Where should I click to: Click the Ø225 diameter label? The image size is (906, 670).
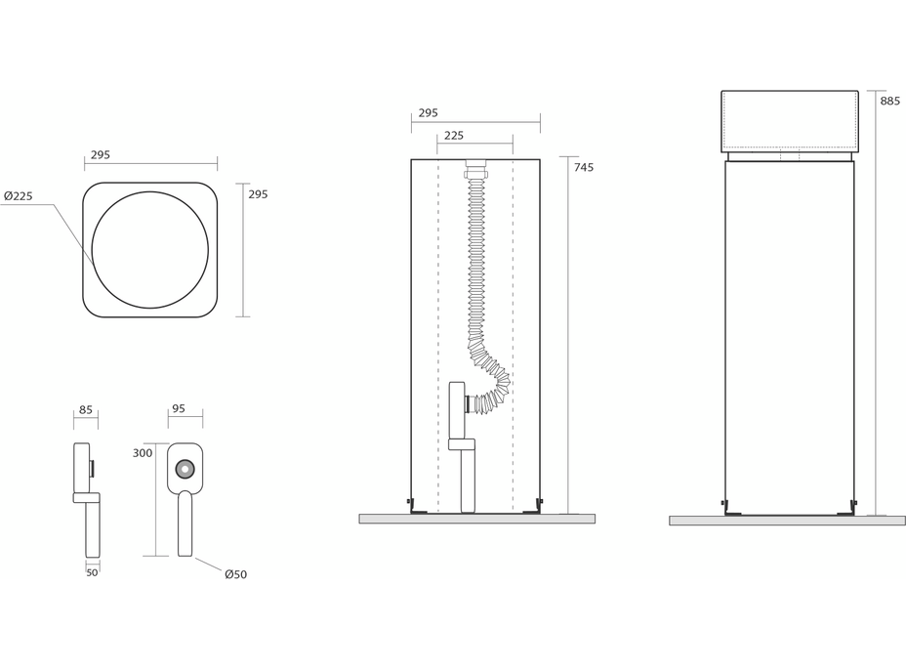(x=19, y=196)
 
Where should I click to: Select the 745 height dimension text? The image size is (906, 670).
(x=583, y=168)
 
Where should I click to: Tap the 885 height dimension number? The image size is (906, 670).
(x=889, y=101)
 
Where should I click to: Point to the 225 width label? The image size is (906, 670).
(x=453, y=136)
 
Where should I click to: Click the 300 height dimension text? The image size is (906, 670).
(x=143, y=453)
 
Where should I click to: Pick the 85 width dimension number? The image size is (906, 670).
(x=86, y=410)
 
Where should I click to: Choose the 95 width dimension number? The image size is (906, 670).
(x=178, y=409)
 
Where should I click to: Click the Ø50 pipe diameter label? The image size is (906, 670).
(x=235, y=574)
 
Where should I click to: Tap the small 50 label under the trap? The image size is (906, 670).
(x=92, y=572)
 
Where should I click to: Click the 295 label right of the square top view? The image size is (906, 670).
(x=258, y=194)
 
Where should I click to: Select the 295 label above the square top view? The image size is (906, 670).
(x=101, y=155)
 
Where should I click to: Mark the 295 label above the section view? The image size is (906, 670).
(x=428, y=113)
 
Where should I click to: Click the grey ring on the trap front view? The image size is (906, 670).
(x=185, y=469)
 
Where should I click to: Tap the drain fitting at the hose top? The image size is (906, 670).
(x=475, y=167)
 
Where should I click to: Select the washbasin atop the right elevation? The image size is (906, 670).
(x=789, y=121)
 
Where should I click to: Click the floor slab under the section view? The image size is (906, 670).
(x=476, y=519)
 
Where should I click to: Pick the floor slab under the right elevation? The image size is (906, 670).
(x=787, y=521)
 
